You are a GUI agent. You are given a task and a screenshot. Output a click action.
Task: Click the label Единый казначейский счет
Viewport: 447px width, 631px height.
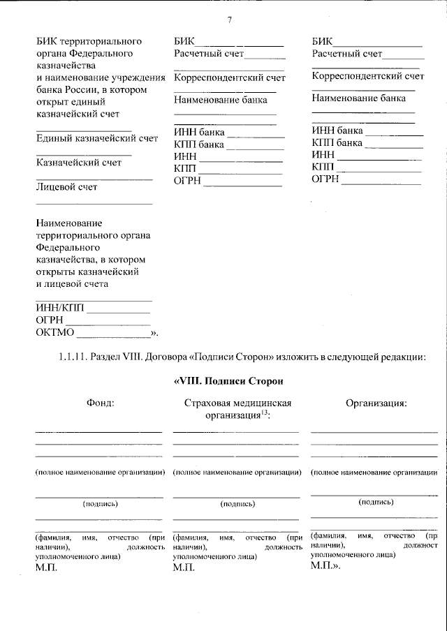[97, 138]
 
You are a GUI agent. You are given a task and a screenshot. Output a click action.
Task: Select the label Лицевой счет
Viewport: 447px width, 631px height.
[66, 187]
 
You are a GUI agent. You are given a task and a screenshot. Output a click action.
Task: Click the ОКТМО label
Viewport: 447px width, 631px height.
[55, 332]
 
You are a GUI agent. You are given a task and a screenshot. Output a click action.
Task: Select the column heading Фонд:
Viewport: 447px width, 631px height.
[100, 403]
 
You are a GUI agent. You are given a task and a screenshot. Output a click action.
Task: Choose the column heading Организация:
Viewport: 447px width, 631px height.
[376, 403]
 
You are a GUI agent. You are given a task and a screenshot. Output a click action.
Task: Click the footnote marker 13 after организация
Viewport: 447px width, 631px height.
[264, 413]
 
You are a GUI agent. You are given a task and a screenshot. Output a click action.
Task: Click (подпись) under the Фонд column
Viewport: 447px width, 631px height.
[101, 503]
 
